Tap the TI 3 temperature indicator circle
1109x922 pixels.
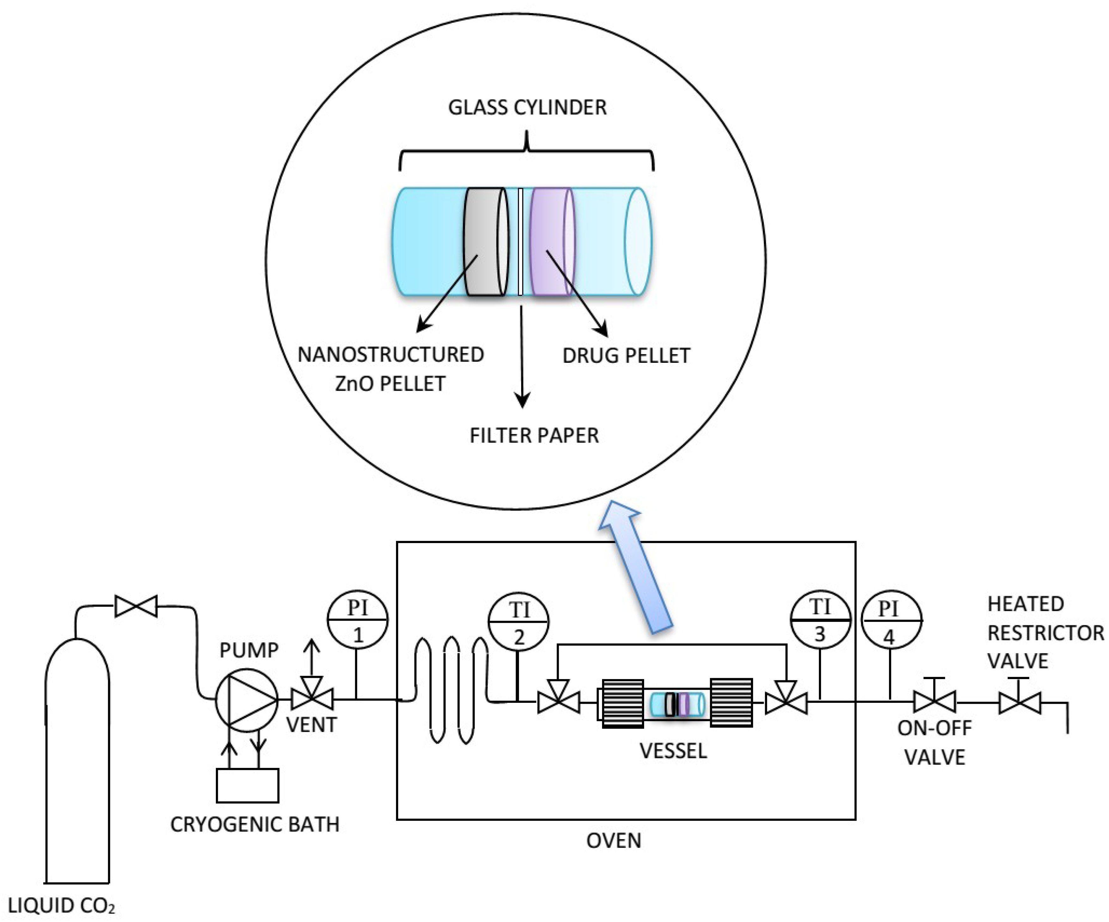[x=820, y=619]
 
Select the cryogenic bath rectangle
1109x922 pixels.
[x=247, y=785]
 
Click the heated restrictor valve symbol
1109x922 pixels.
[x=1019, y=703]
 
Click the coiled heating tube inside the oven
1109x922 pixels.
[x=452, y=690]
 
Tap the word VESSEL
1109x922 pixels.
[x=673, y=751]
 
